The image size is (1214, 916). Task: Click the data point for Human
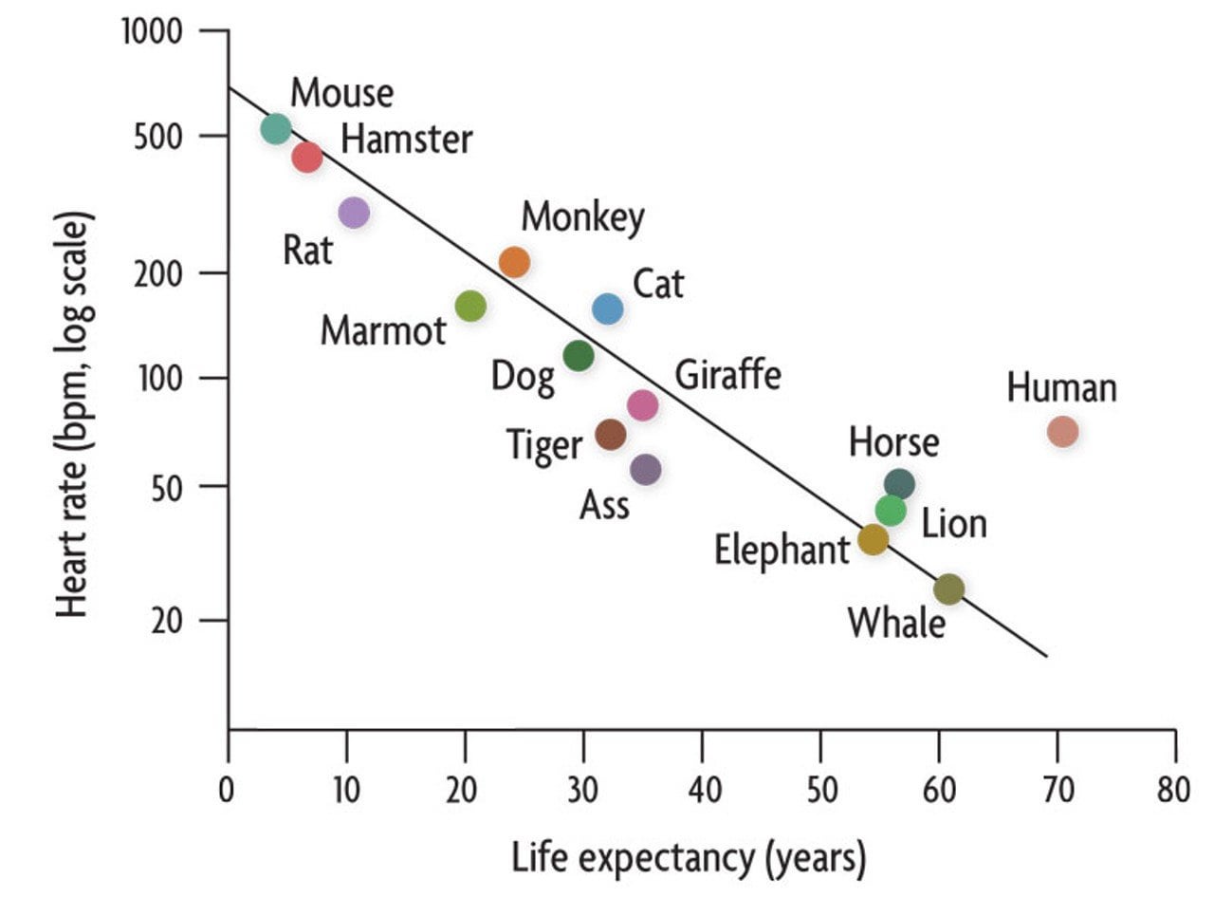click(x=1062, y=432)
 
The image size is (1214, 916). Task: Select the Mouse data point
click(x=275, y=128)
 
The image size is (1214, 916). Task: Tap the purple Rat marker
click(x=353, y=212)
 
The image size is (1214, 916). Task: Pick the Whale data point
click(x=948, y=589)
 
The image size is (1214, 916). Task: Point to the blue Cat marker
click(x=608, y=308)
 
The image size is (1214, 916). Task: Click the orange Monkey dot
click(x=514, y=261)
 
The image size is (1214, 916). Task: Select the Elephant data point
click(x=873, y=540)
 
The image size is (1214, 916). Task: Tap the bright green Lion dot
click(x=891, y=510)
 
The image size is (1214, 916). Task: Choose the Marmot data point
click(x=470, y=306)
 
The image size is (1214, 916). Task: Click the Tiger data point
click(x=611, y=435)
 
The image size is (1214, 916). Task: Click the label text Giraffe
click(x=727, y=375)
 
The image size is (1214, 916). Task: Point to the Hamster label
click(x=406, y=140)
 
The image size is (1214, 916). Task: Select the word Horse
click(x=893, y=442)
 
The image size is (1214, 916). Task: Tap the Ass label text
click(x=604, y=505)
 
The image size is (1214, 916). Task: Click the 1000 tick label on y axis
click(x=152, y=32)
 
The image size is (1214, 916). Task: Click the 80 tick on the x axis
click(x=1174, y=790)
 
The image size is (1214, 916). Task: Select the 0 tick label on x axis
click(x=227, y=790)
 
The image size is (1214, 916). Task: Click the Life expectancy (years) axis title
click(x=689, y=859)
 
